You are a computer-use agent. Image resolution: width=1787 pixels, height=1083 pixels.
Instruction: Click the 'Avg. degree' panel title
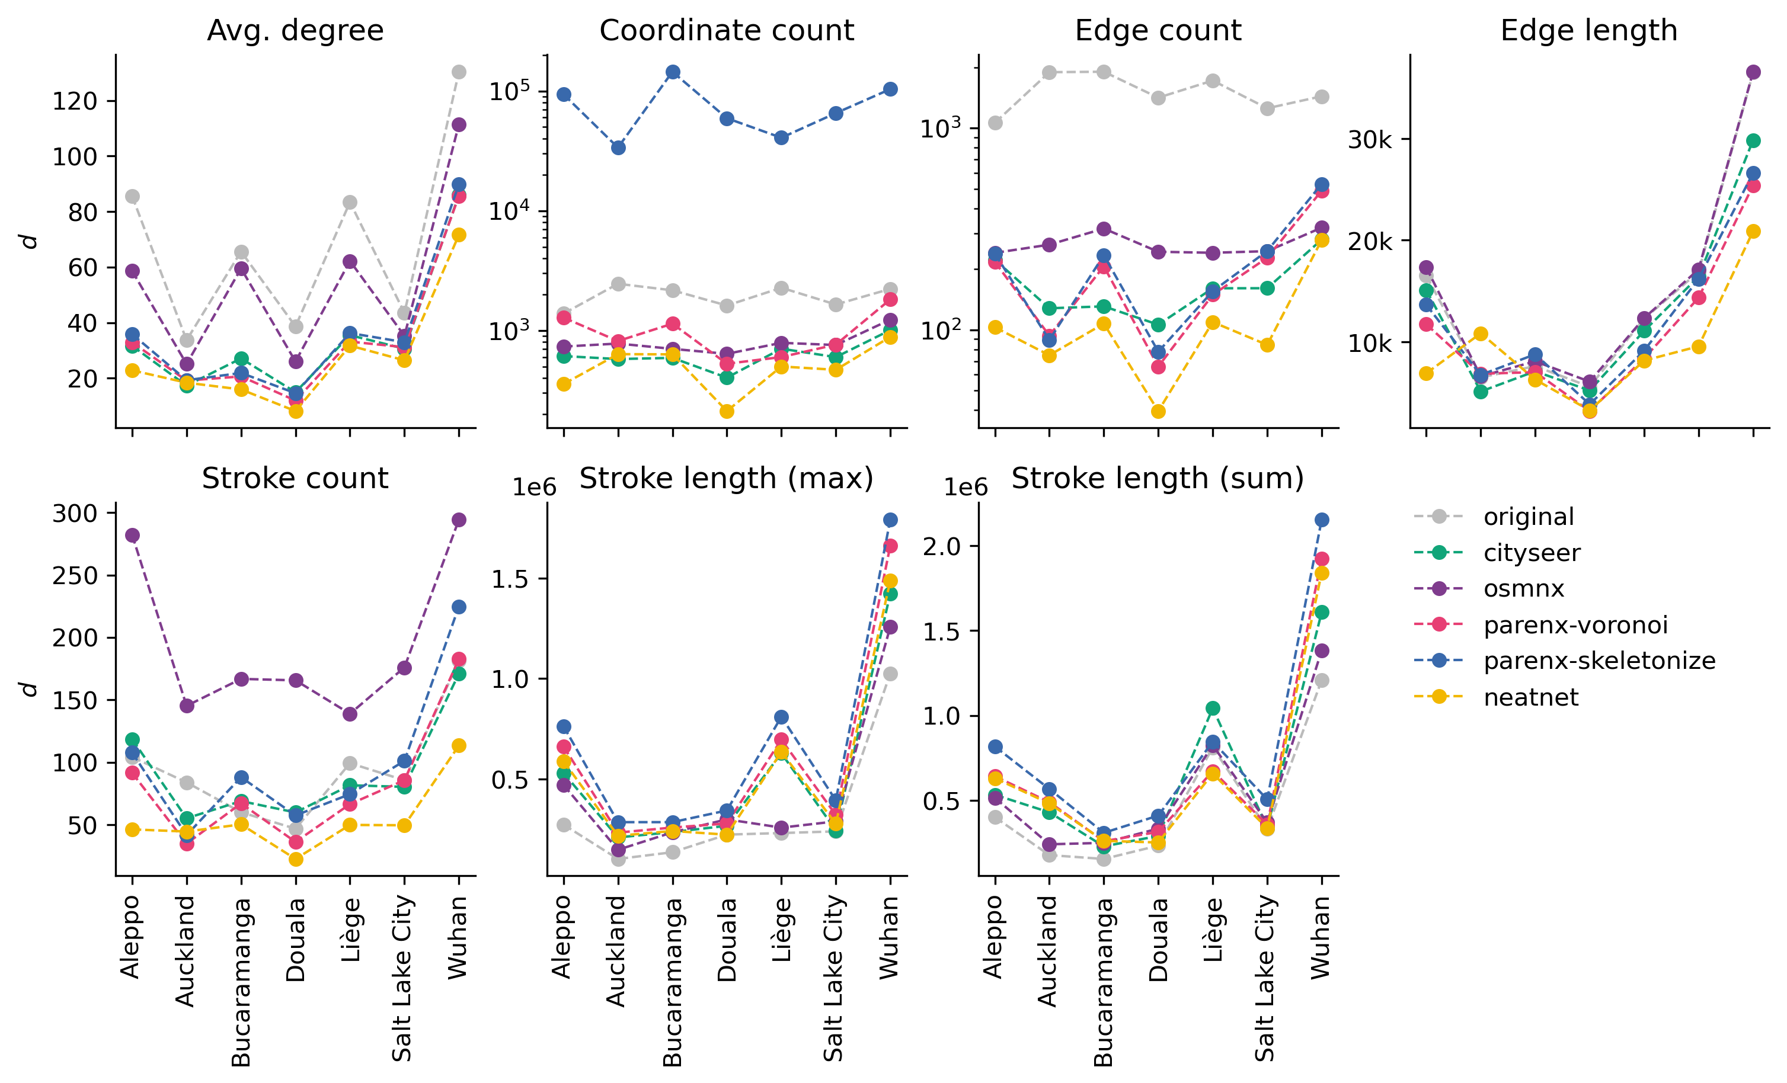[x=295, y=30]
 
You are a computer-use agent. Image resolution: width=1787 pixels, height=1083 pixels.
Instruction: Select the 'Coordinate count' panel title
[x=727, y=30]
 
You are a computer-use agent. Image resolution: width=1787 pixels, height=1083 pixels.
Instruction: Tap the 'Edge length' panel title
[x=1588, y=30]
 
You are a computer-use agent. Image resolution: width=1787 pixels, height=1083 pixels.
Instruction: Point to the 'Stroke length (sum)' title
[x=1158, y=479]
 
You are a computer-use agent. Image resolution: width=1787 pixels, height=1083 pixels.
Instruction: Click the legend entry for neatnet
[x=1531, y=697]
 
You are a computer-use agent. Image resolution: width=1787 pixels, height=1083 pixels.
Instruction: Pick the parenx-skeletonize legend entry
[x=1599, y=661]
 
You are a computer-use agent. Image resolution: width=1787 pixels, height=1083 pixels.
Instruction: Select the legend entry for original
[x=1529, y=517]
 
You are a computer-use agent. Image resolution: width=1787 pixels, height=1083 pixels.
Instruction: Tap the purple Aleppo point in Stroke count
[x=133, y=536]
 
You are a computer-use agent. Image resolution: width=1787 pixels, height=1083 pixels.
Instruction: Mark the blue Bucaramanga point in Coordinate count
[x=673, y=72]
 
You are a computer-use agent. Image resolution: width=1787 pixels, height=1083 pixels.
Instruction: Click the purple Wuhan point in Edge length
[x=1753, y=72]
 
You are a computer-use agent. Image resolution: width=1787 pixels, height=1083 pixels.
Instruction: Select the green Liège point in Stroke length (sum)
[x=1213, y=708]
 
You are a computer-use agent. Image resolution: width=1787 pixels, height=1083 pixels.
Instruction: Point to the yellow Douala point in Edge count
[x=1158, y=412]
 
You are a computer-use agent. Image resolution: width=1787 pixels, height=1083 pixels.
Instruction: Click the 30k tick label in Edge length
[x=1369, y=140]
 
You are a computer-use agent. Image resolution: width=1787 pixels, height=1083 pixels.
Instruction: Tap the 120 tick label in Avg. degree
[x=75, y=101]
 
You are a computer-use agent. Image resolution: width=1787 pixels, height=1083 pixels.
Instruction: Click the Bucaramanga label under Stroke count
[x=241, y=982]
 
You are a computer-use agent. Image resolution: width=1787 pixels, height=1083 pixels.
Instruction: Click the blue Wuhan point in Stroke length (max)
[x=890, y=520]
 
